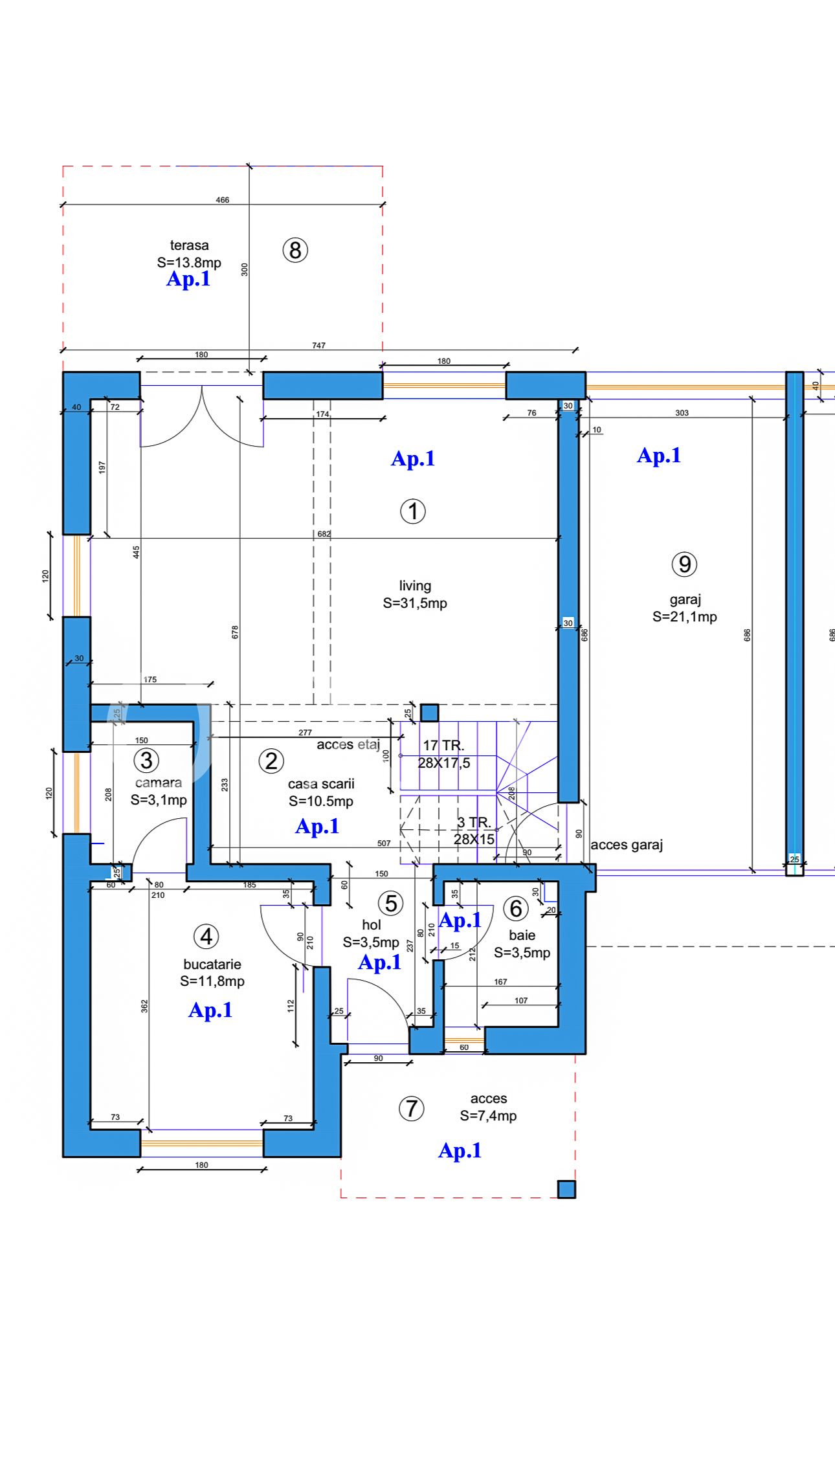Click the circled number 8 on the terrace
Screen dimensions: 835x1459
click(295, 250)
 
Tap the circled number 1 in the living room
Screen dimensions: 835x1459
click(413, 511)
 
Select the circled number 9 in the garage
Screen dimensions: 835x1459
click(684, 564)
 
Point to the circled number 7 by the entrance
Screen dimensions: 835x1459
click(411, 1108)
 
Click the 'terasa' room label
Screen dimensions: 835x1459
click(190, 245)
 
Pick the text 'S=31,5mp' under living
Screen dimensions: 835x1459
click(415, 603)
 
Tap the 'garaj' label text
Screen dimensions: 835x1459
click(685, 600)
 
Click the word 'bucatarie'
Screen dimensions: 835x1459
click(212, 964)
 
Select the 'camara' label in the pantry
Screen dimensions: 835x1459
click(159, 783)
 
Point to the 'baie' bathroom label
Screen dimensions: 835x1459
click(522, 935)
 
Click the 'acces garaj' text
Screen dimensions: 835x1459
click(627, 845)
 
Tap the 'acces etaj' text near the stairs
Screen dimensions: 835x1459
click(348, 745)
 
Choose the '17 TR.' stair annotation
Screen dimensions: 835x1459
click(443, 746)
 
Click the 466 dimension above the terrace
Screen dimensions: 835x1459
click(223, 200)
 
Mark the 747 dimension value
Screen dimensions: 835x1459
click(319, 346)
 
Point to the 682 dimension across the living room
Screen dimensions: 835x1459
click(324, 534)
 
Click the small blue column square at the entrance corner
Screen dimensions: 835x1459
click(566, 1190)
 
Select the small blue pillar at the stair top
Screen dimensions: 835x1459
click(429, 713)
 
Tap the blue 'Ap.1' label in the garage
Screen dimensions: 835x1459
click(659, 456)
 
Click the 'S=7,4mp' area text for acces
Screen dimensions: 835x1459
click(489, 1116)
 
